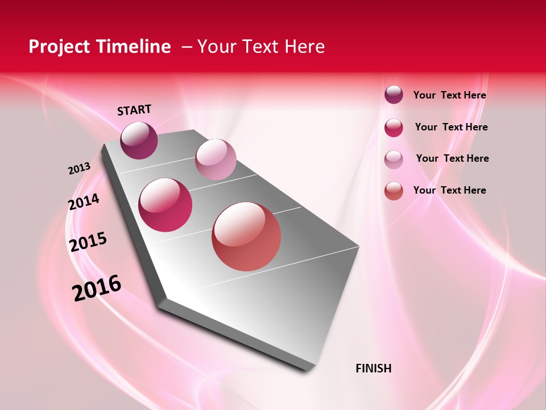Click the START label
[134, 110]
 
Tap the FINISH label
[374, 368]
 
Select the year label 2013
[79, 169]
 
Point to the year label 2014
[84, 202]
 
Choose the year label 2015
[88, 242]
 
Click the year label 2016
[97, 288]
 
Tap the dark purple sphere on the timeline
[139, 141]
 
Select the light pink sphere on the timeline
[216, 159]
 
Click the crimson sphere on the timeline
[166, 205]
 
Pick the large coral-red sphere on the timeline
[246, 236]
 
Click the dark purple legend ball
[394, 95]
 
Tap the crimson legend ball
[394, 128]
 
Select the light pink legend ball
[394, 159]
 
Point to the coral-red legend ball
[394, 191]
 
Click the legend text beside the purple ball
[449, 95]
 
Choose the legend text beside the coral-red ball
[449, 190]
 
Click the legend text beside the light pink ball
[452, 158]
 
